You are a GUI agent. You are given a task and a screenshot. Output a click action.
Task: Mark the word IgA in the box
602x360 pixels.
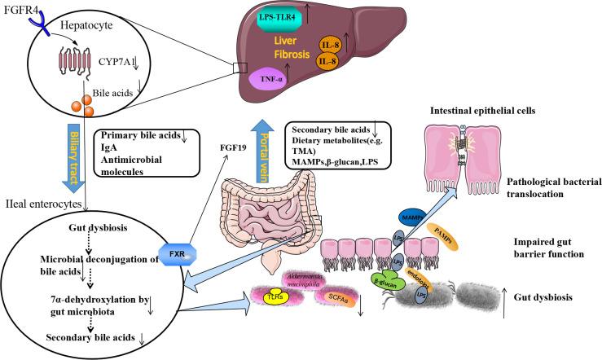pos(105,150)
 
